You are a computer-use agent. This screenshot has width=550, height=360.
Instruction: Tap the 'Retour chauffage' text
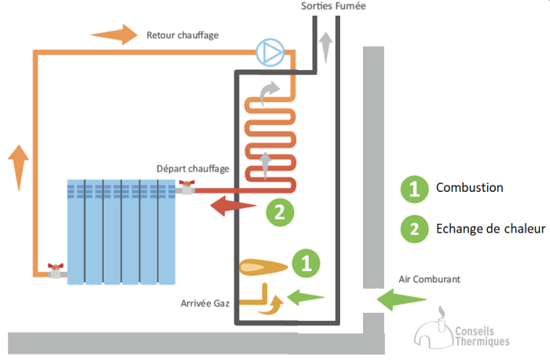182,35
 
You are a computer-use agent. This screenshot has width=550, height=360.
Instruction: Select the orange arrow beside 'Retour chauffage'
113,35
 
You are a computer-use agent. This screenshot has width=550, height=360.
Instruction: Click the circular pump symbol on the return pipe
269,53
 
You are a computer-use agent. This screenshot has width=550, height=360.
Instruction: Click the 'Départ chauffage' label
192,169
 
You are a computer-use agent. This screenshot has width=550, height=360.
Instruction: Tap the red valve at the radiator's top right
186,188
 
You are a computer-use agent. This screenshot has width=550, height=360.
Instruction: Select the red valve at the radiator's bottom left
55,270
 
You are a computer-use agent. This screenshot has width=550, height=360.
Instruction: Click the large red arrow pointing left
231,207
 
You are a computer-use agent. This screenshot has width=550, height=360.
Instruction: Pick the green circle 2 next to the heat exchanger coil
280,211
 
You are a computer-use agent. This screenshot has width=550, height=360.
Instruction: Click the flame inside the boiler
262,267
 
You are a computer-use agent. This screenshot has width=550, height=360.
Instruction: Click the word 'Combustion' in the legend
469,188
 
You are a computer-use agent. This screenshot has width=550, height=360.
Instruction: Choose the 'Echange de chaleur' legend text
489,230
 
